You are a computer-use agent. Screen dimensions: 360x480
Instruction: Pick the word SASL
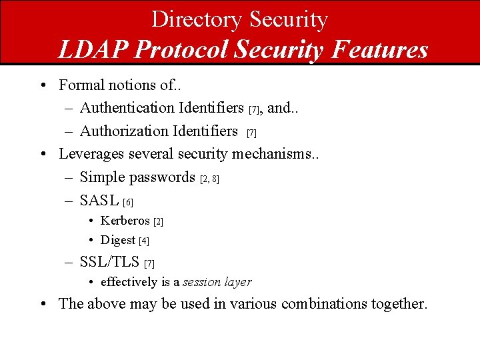(x=99, y=201)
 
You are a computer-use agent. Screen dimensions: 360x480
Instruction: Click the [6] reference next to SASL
(x=129, y=202)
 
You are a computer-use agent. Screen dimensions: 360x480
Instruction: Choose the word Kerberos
(x=125, y=221)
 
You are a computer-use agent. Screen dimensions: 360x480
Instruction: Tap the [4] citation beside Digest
(x=144, y=241)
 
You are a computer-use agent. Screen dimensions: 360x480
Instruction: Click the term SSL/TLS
(x=109, y=262)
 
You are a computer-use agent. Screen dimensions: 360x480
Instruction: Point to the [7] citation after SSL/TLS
(x=149, y=263)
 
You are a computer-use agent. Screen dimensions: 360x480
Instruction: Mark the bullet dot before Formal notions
(x=43, y=85)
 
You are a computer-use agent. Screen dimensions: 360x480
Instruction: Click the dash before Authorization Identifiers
(x=70, y=131)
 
